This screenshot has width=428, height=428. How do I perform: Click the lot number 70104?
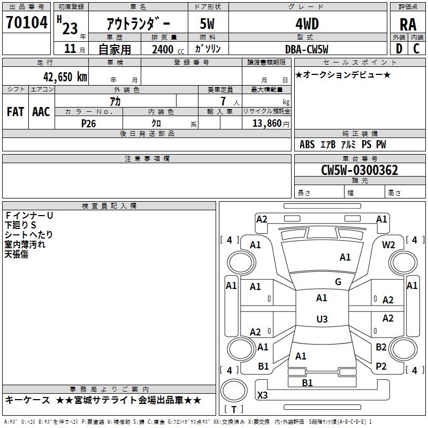tap(27, 23)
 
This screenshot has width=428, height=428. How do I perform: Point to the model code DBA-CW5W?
tap(307, 49)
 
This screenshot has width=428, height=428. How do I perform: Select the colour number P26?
tap(89, 123)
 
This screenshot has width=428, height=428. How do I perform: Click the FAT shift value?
tap(16, 112)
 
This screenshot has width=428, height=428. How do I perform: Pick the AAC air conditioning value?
tap(41, 112)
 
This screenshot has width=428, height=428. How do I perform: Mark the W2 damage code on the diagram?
tap(388, 244)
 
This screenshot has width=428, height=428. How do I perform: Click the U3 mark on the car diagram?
tap(322, 319)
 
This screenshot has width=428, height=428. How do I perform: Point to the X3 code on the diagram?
tap(262, 395)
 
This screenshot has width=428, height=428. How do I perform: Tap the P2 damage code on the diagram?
tap(381, 366)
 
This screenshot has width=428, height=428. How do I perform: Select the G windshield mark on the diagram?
tap(338, 282)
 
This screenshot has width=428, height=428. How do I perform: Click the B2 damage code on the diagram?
tap(381, 347)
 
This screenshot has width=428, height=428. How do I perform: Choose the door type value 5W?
tap(208, 24)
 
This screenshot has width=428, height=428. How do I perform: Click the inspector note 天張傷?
tap(17, 254)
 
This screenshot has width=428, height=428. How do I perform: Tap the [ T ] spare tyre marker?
tap(233, 409)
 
